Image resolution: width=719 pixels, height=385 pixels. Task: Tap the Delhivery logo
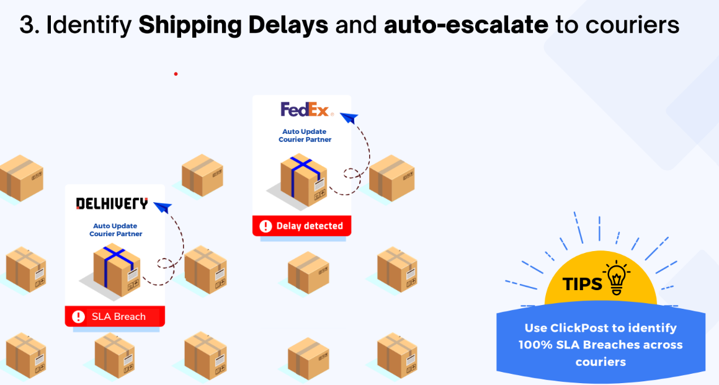[112, 203]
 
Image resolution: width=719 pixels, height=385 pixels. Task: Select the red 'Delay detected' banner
[301, 226]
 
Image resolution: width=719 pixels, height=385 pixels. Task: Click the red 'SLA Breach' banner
[115, 316]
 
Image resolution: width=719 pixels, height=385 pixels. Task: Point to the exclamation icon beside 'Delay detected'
[266, 226]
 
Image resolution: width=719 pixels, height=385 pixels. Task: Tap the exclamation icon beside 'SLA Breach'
[78, 317]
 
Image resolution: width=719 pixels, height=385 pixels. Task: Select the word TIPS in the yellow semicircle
[583, 284]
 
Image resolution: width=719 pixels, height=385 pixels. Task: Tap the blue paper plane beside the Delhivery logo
[163, 208]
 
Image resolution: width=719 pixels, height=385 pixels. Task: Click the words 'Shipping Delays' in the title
[233, 25]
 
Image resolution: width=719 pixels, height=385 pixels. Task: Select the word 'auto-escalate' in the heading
[466, 25]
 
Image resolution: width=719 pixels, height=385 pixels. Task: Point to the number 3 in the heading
[26, 25]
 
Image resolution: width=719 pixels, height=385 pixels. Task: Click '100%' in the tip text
[537, 345]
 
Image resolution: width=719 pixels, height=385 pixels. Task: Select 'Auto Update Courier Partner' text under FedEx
[305, 136]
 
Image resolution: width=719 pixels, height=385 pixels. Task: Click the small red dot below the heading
[176, 74]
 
